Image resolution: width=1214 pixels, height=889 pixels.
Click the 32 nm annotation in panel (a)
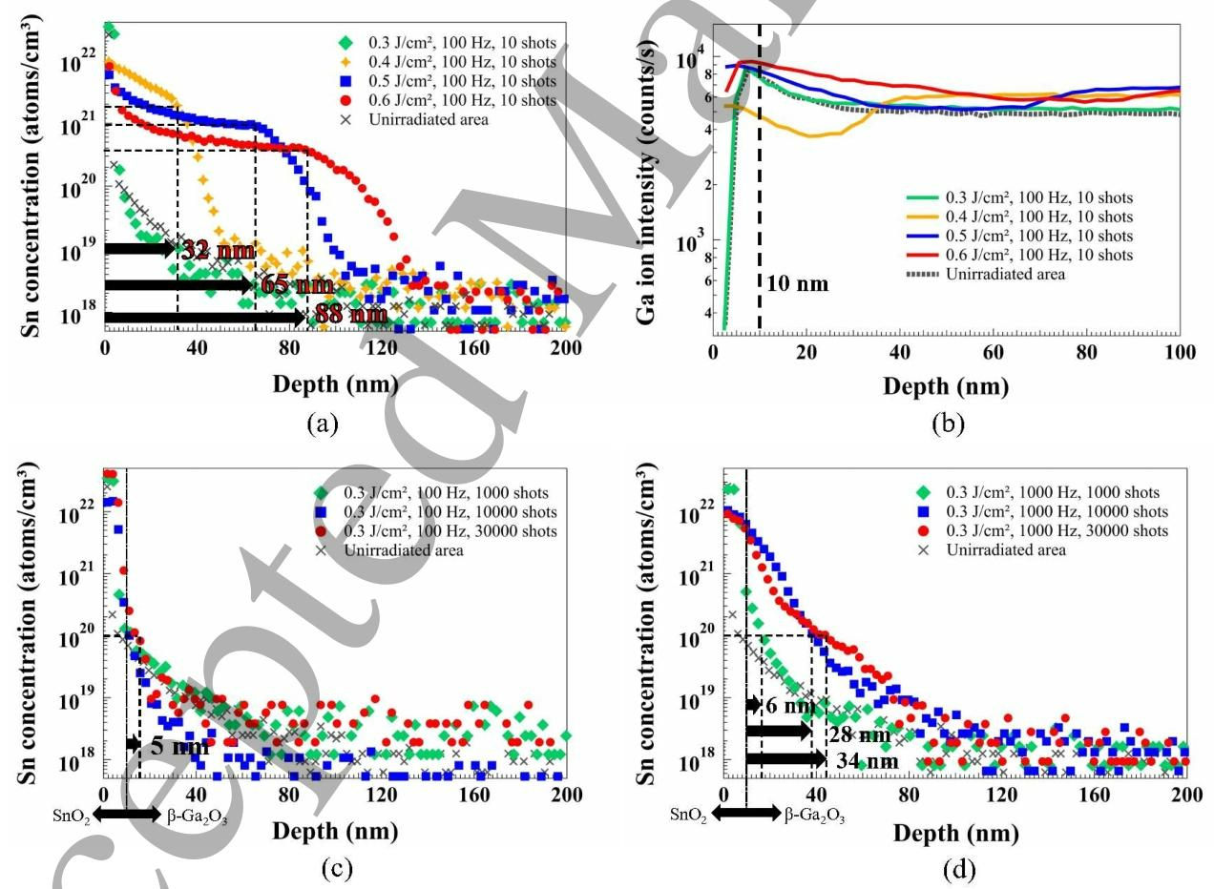click(218, 251)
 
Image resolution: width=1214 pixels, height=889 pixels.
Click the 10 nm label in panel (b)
click(797, 283)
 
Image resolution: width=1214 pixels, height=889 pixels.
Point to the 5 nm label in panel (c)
click(180, 746)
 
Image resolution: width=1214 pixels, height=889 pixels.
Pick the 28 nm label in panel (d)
click(852, 734)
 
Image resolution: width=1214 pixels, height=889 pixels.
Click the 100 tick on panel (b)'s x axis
click(1180, 352)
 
